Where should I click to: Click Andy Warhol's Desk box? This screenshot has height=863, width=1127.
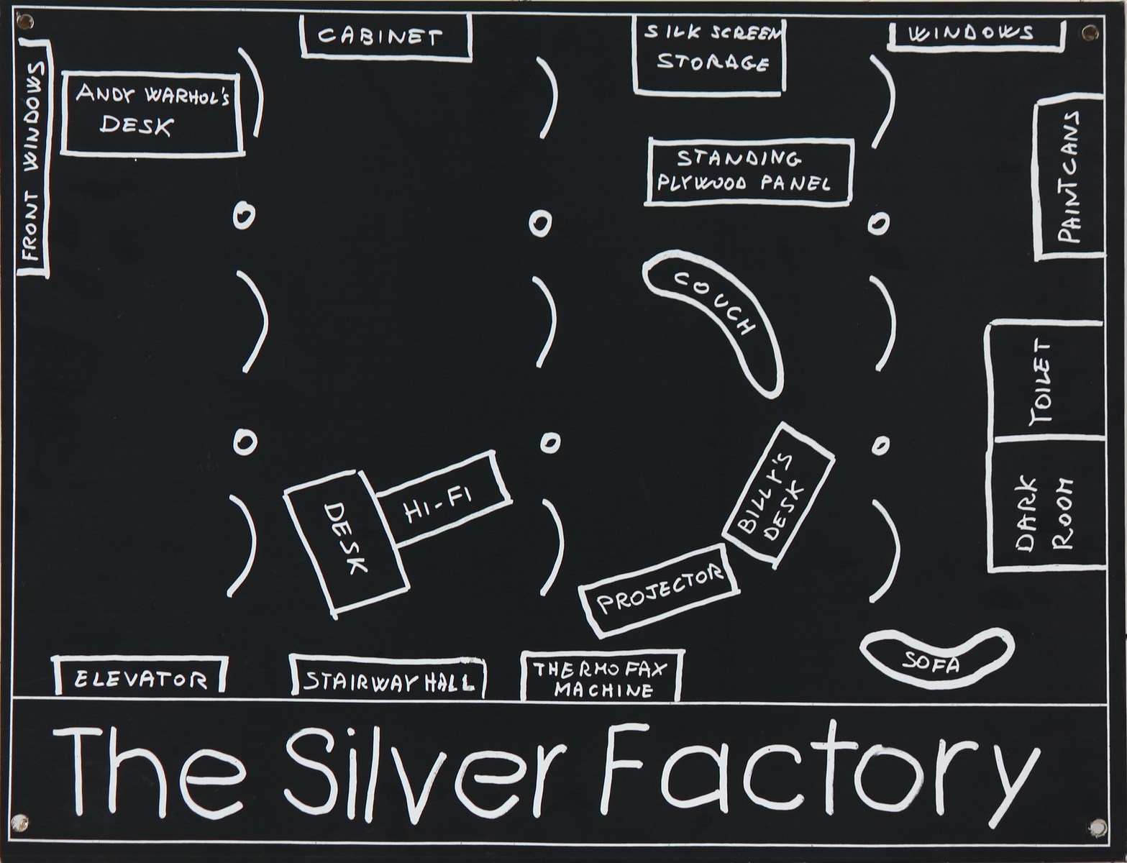[x=152, y=112]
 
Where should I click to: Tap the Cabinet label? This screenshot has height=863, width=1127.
[x=385, y=36]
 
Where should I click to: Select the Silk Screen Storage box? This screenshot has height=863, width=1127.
[x=708, y=54]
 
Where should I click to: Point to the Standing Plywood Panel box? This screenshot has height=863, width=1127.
[x=748, y=171]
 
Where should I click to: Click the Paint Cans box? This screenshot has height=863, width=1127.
[x=1069, y=180]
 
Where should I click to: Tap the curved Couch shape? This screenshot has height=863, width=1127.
[x=716, y=316]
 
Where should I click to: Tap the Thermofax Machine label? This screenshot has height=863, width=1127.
[x=601, y=678]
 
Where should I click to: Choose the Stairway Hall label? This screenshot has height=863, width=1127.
[x=387, y=679]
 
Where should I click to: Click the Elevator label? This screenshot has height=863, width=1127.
[x=140, y=677]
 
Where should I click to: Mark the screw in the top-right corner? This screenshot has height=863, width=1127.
[x=1091, y=32]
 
